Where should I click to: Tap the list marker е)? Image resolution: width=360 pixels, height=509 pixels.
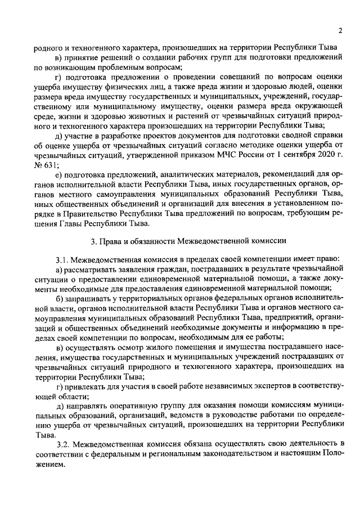(58, 174)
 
